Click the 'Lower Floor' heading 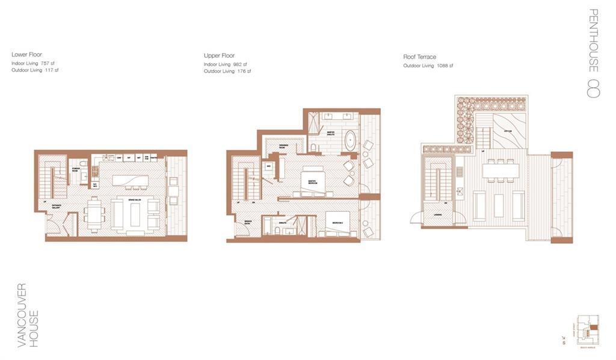[x=26, y=54]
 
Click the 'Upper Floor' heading [x=219, y=55]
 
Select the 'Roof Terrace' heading [x=419, y=57]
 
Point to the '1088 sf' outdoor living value [x=445, y=66]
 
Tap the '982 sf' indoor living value [x=240, y=64]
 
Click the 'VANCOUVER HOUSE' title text [x=27, y=315]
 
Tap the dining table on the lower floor [x=94, y=214]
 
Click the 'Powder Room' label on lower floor [x=76, y=170]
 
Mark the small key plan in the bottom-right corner [x=587, y=328]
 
